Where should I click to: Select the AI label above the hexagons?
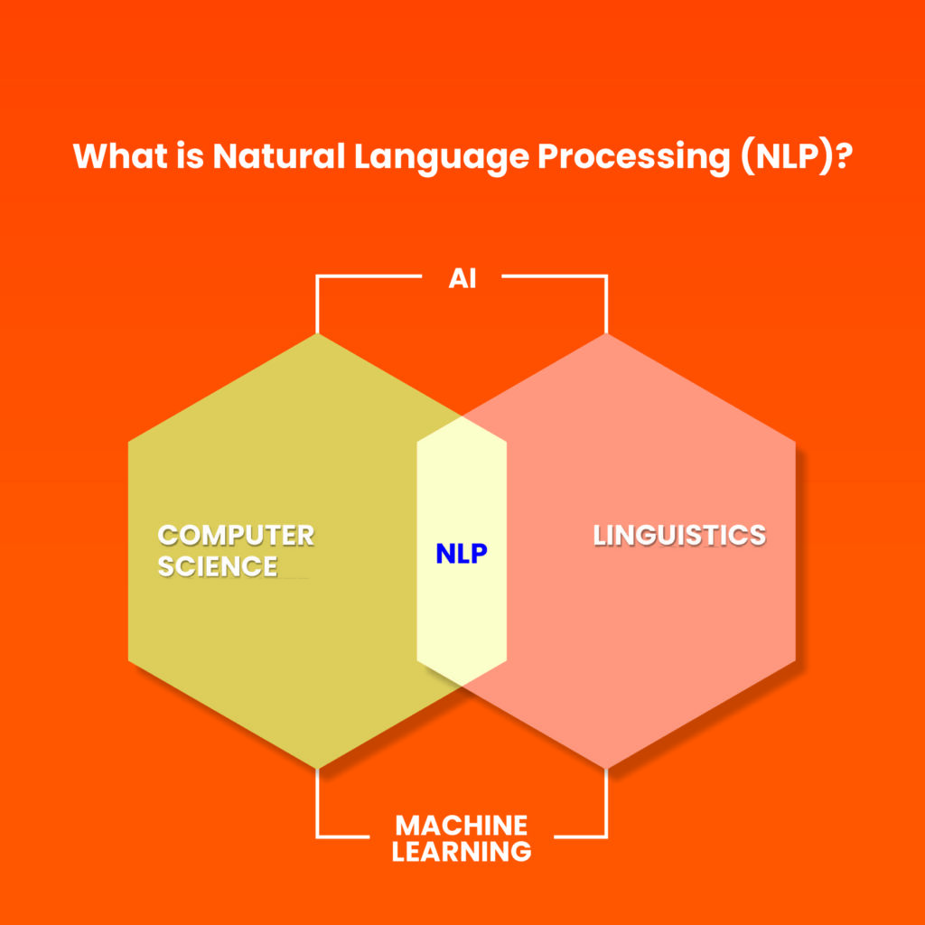tap(462, 278)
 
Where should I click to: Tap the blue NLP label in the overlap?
tap(462, 554)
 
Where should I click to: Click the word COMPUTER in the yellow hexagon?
tap(236, 535)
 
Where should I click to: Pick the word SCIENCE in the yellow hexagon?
tap(218, 566)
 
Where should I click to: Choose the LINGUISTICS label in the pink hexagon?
tap(679, 535)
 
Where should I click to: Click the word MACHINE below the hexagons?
tap(462, 825)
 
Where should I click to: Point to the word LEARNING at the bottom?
tap(462, 851)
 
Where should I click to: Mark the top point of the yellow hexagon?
tap(317, 335)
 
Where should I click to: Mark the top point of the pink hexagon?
tap(606, 335)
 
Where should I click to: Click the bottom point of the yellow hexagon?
tap(317, 768)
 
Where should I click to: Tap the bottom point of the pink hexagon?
tap(606, 768)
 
